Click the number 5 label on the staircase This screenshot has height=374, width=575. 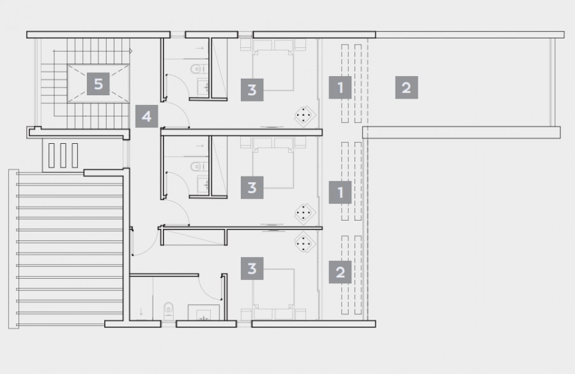point(98,83)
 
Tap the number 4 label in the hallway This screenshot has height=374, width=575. point(147,117)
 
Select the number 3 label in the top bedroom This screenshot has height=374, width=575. point(252,90)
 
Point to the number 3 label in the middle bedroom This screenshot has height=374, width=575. point(252,187)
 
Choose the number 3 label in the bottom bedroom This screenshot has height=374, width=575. point(252,269)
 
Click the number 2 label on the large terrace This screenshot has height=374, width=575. point(406,87)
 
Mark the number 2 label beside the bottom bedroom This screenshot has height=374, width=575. point(340,272)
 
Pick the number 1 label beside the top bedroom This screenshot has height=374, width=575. point(340,87)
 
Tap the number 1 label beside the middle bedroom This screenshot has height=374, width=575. point(340,192)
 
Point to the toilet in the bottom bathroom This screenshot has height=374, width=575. point(168,310)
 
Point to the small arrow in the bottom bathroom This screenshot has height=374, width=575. point(141,312)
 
